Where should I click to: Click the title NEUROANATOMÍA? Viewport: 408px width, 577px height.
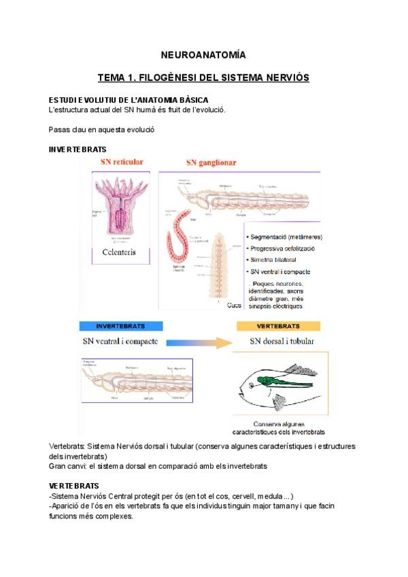point(203,54)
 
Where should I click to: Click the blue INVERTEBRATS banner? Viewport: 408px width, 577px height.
point(120,327)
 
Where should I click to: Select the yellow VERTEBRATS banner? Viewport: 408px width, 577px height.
point(278,327)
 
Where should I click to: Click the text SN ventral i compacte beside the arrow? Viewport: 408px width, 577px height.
point(120,341)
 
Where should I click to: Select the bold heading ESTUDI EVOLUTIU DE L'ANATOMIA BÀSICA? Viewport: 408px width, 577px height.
point(124,100)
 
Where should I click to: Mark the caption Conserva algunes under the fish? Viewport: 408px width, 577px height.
point(279,423)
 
